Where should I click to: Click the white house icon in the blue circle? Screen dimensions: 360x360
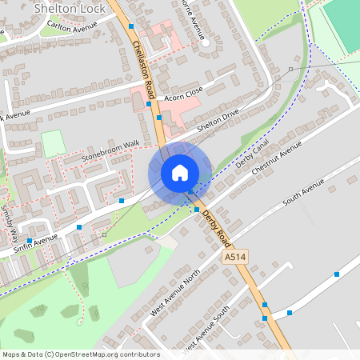coord(180,172)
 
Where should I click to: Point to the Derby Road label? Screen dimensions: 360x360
coord(216,228)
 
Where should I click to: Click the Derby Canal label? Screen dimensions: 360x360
coord(251,157)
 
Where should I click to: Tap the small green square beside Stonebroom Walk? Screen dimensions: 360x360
coord(53,143)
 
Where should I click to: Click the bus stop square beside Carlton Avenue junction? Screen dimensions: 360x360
coord(131,26)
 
